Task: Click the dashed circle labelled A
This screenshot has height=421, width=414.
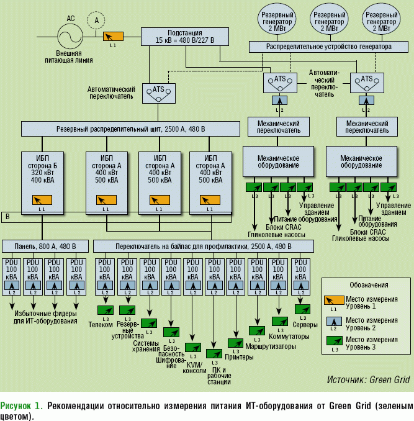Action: [96, 21]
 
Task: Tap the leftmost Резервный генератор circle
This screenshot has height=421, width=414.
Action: [276, 21]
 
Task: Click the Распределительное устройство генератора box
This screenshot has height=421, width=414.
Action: [329, 47]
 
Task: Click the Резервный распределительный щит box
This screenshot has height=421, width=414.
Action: [130, 129]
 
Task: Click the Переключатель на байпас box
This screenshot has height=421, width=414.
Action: [204, 247]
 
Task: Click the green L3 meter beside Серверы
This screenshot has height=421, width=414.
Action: [302, 309]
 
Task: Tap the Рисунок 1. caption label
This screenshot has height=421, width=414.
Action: [22, 406]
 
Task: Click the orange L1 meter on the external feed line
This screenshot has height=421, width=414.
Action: [113, 37]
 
